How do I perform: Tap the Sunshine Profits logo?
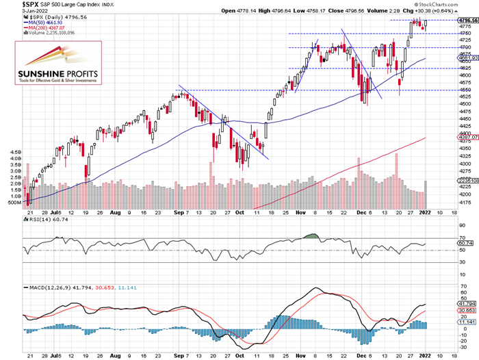58,65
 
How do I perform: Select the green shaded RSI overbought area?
311,237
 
